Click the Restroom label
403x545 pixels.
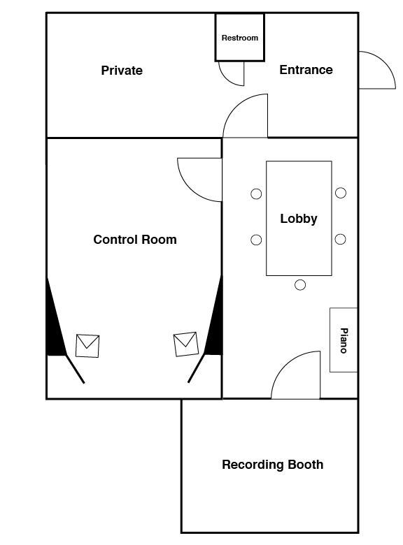(240, 38)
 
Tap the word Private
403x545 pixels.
(122, 71)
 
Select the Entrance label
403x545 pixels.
(306, 70)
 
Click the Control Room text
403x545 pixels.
(135, 240)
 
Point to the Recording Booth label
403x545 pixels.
(272, 465)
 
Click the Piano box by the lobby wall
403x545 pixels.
(344, 340)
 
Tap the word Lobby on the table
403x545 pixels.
(299, 219)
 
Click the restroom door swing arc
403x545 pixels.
(226, 79)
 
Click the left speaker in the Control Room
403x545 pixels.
(87, 346)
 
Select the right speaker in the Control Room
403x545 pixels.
(186, 344)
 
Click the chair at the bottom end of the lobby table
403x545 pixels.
(300, 285)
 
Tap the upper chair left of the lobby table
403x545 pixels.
(256, 194)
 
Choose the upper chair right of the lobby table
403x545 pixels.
(341, 193)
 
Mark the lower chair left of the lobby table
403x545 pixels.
(256, 240)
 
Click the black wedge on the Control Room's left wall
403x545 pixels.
(54, 330)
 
